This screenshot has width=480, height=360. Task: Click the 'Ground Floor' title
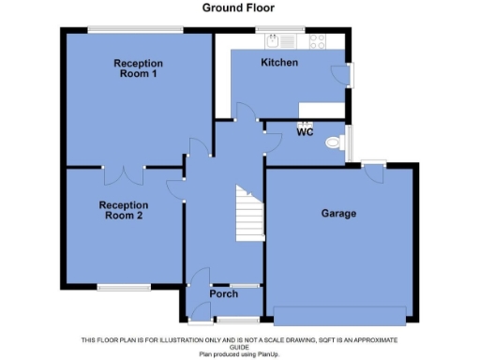click(x=240, y=7)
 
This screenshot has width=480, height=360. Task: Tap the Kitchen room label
click(x=278, y=63)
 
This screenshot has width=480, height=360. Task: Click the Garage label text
click(x=338, y=214)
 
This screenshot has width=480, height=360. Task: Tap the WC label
click(x=305, y=132)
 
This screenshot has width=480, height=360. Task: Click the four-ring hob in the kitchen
click(x=317, y=41)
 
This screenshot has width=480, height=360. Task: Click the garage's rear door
click(x=373, y=171)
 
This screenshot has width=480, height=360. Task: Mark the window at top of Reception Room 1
click(x=135, y=30)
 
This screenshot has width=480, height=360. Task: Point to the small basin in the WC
click(x=305, y=123)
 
